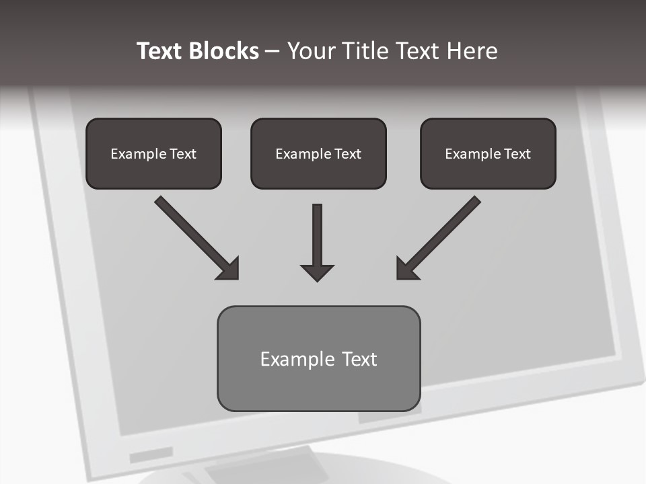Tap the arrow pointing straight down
(x=317, y=239)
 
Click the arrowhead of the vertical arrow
(x=317, y=272)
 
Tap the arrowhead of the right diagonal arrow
(x=405, y=270)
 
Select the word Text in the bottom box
(x=359, y=359)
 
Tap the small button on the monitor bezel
(x=151, y=455)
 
